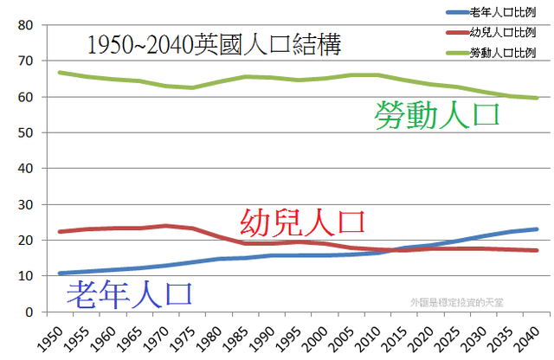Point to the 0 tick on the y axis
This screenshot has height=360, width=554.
pyautogui.click(x=29, y=312)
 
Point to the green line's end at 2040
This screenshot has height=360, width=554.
pyautogui.click(x=538, y=98)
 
